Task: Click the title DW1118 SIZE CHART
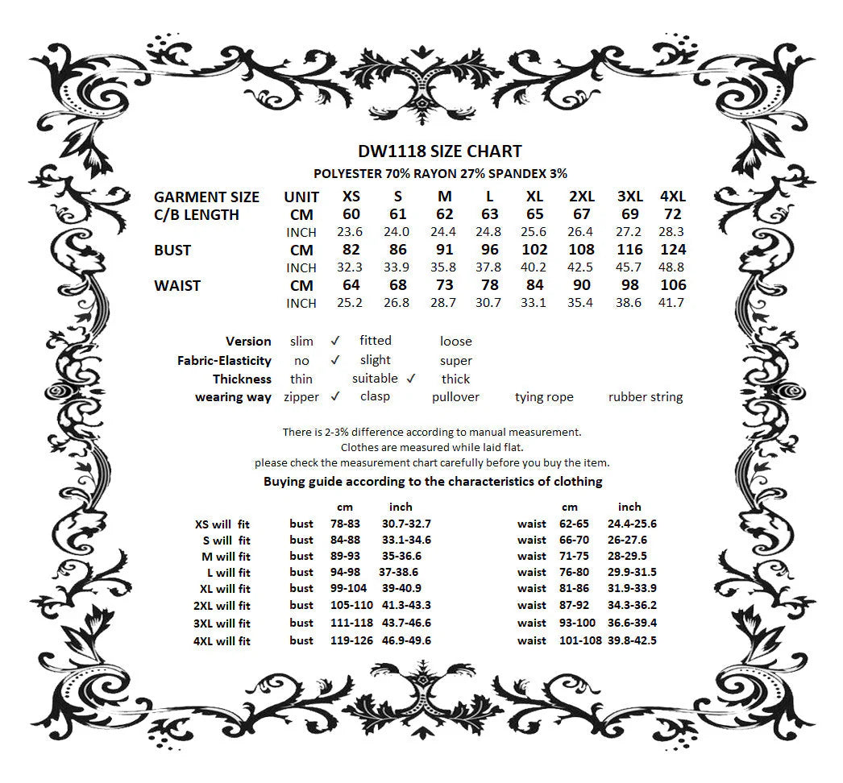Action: [x=439, y=151]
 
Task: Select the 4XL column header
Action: [x=672, y=197]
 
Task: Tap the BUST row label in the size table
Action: [x=172, y=251]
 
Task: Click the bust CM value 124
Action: [x=672, y=250]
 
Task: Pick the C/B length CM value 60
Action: [x=351, y=214]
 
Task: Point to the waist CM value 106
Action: [x=672, y=285]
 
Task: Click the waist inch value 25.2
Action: [x=351, y=303]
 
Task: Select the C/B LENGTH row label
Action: [x=197, y=215]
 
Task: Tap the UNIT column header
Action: [x=301, y=197]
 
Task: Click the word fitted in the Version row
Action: [x=376, y=341]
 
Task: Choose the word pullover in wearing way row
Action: [x=455, y=396]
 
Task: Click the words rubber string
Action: [x=646, y=396]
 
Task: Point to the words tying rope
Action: [x=544, y=396]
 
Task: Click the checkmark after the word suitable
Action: [x=410, y=378]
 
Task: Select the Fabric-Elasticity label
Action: [x=224, y=361]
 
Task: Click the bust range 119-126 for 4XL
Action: [x=351, y=640]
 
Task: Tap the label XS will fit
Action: [x=222, y=524]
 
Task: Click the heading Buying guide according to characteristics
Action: [x=433, y=482]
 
